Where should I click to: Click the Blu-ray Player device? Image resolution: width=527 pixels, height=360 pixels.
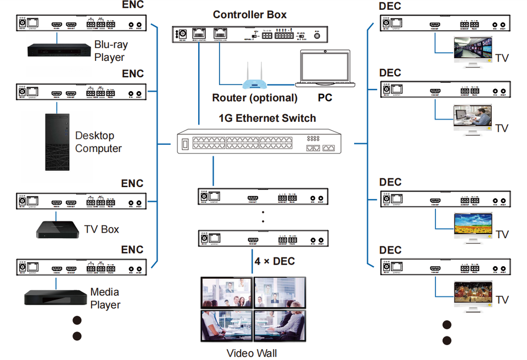tap(59, 49)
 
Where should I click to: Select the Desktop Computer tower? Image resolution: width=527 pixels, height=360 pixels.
tap(57, 142)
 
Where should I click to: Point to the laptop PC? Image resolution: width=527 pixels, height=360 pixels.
tap(324, 69)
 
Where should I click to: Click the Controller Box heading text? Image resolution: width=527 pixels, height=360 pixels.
tap(250, 14)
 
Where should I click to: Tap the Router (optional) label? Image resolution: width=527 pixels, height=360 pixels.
tap(255, 98)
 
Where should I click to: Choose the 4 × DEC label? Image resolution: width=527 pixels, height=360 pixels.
tap(274, 261)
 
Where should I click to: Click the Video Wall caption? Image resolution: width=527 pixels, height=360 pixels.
tap(252, 353)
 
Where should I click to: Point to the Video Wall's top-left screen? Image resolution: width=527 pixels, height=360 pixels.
tap(227, 292)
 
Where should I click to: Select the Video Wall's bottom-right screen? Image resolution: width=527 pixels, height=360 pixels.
tap(279, 325)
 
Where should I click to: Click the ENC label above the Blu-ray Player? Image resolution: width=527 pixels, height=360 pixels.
tap(132, 5)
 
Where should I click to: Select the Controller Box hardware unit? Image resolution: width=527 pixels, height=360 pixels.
tap(250, 35)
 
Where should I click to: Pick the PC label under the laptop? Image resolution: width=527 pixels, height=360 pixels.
tap(324, 98)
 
